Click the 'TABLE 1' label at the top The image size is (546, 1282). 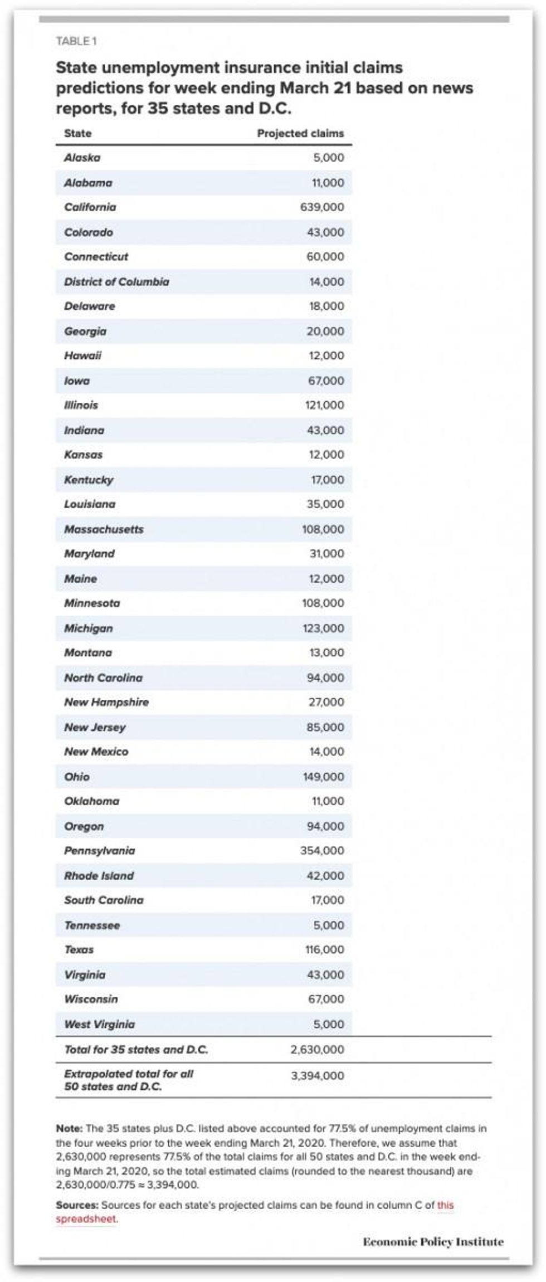76,41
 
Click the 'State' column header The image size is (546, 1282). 78,134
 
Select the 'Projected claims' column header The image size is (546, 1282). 300,134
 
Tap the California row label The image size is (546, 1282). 90,207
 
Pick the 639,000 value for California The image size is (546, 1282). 322,207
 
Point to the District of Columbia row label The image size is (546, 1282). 116,281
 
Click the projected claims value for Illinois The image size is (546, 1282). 324,405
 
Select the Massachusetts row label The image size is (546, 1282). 104,529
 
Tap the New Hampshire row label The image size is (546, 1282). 106,702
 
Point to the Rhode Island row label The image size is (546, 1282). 99,875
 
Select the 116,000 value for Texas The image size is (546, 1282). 324,949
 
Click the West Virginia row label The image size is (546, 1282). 99,1024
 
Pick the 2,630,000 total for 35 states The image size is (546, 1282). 317,1050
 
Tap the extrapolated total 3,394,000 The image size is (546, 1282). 317,1076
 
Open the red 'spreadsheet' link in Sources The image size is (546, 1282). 86,1218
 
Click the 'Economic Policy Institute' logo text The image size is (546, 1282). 433,1242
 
